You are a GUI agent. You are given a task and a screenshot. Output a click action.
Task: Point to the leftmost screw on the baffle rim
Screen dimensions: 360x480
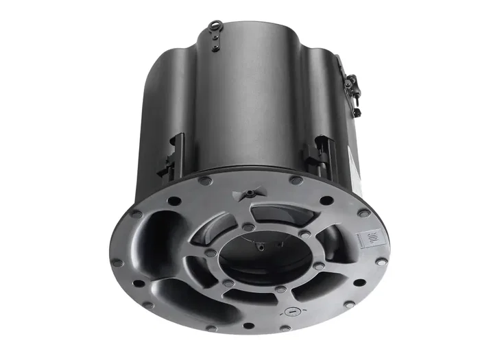pos(117,262)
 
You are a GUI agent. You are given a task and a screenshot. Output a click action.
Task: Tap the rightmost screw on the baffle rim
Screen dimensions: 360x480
pos(382,261)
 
